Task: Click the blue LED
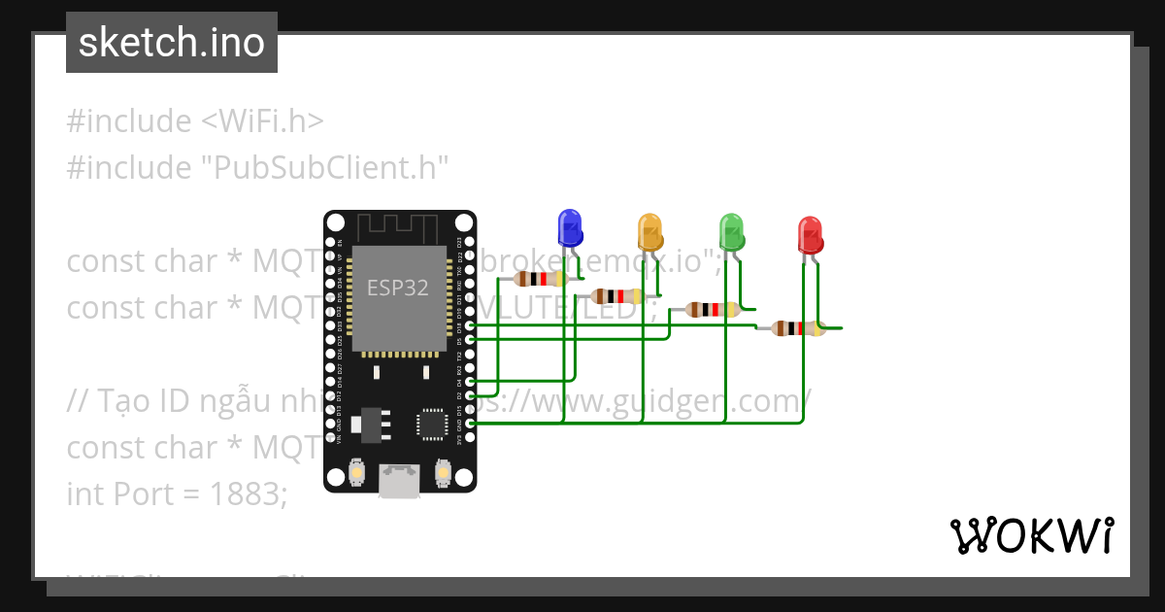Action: click(569, 228)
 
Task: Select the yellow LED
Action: click(649, 233)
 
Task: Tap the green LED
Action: click(731, 231)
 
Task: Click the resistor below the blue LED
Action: click(540, 280)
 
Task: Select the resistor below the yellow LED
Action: click(616, 296)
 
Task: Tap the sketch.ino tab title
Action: click(172, 43)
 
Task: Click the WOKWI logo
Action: click(1031, 536)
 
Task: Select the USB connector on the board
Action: click(400, 481)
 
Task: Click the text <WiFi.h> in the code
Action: click(262, 121)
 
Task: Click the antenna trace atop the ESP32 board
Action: click(400, 227)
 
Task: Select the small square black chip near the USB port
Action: click(431, 425)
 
